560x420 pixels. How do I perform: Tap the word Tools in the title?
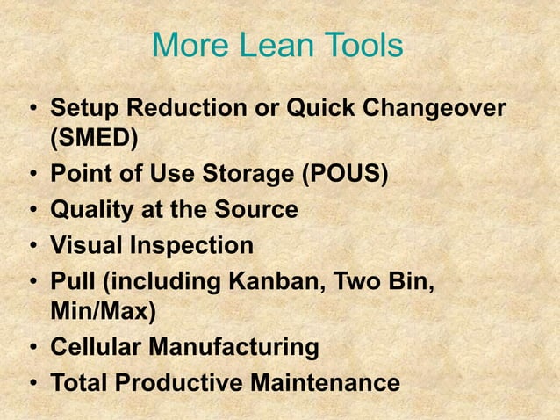coord(361,47)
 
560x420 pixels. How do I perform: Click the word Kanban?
coord(276,283)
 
